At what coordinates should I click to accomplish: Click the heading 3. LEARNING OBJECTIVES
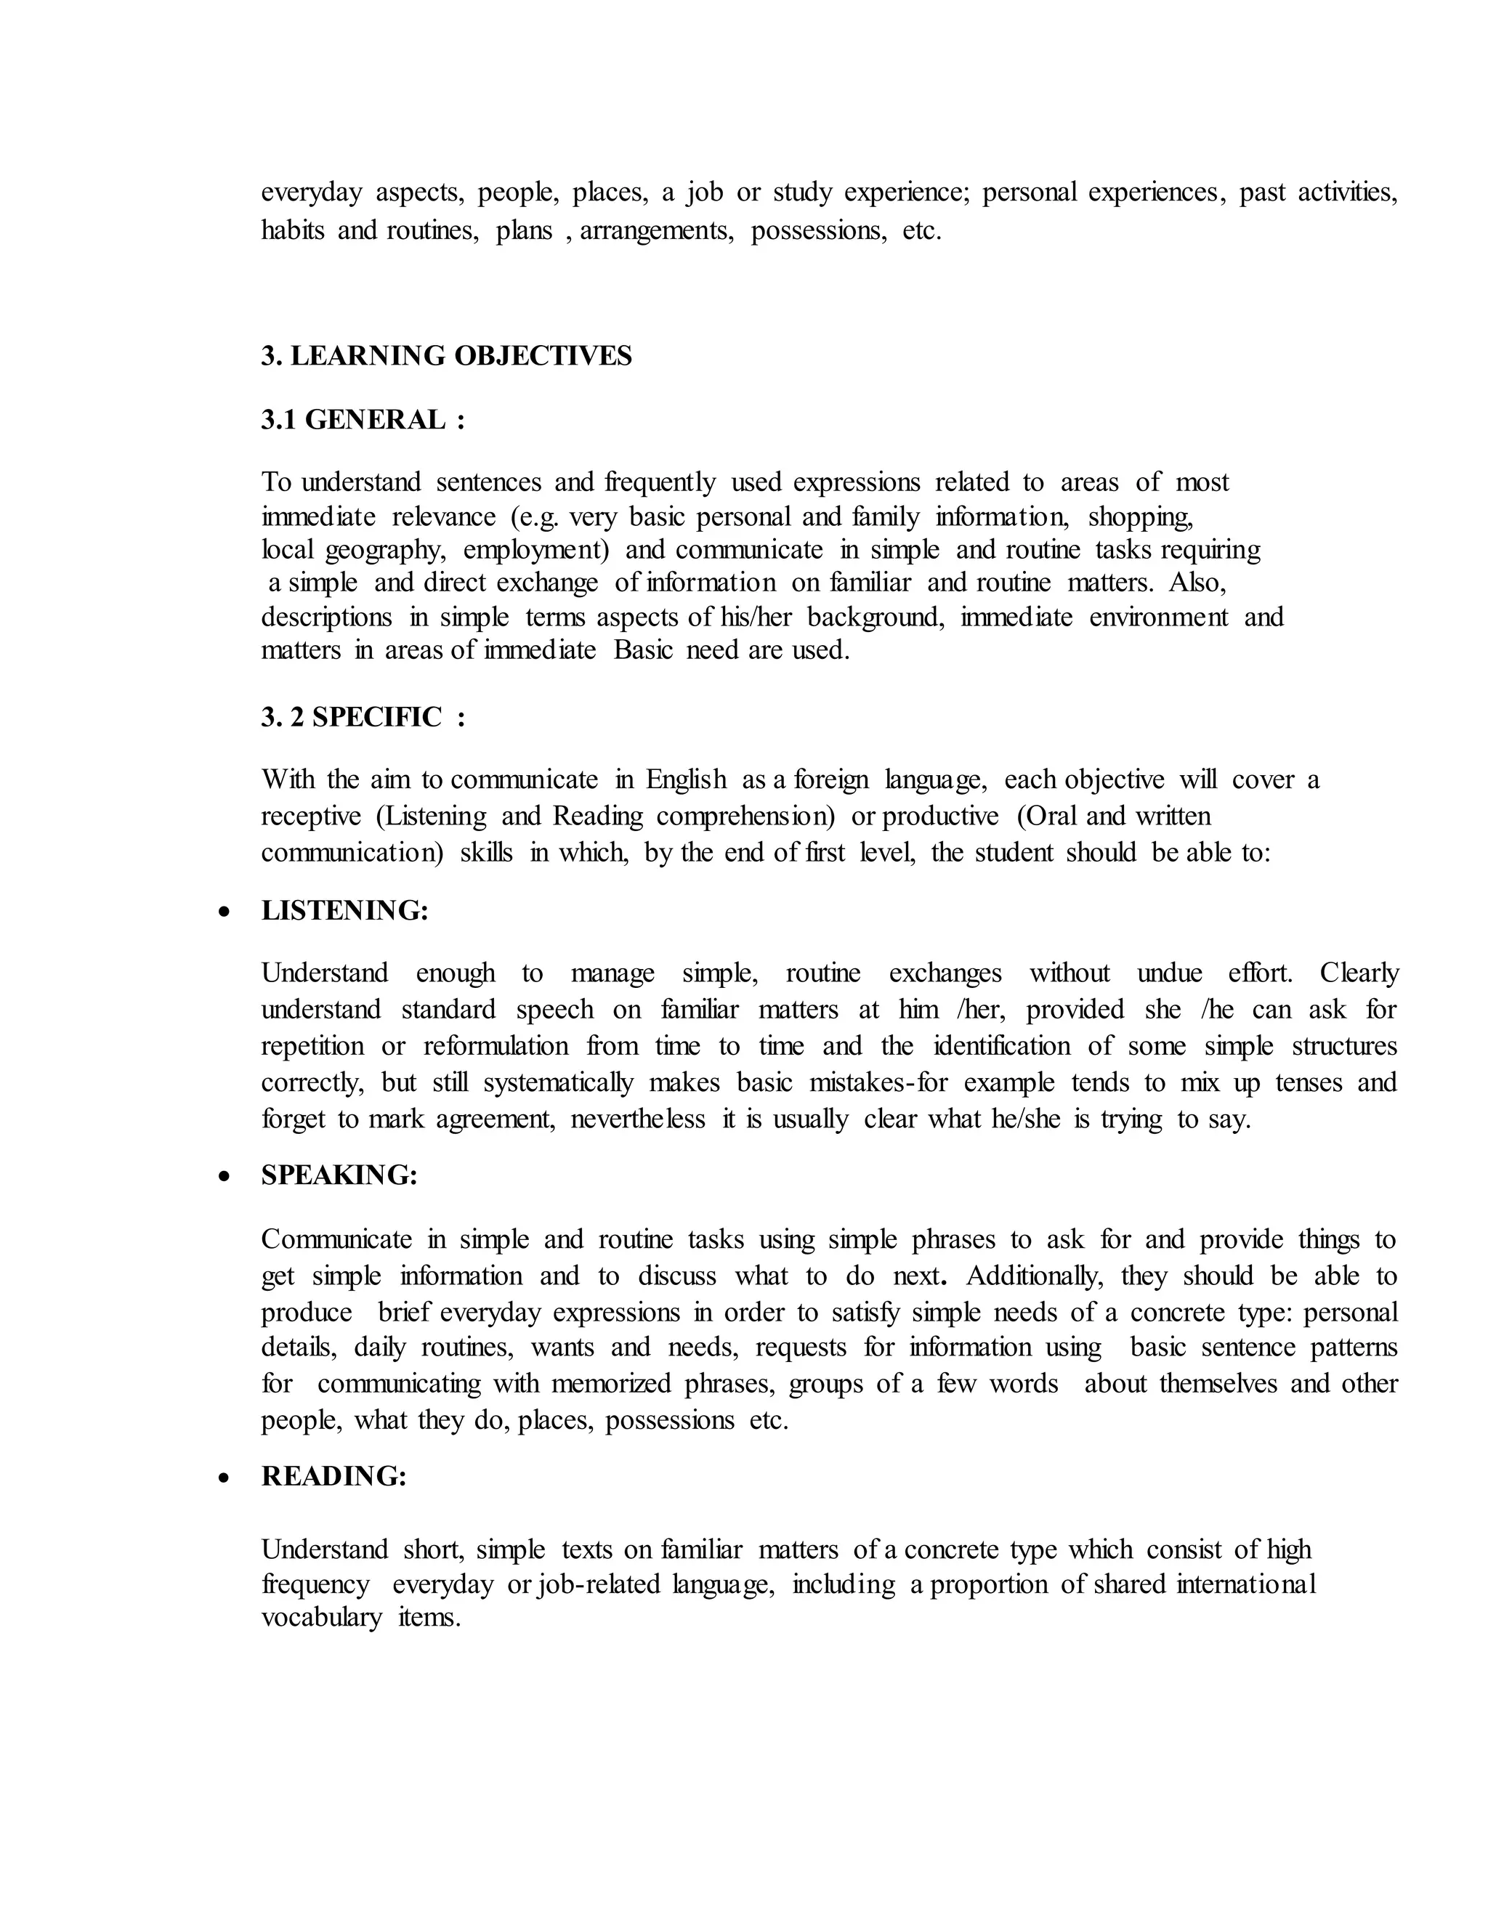click(446, 356)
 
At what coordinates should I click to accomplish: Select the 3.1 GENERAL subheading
click(363, 421)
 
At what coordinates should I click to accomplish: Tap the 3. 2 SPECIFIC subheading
click(363, 718)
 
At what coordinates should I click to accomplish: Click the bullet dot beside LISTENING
click(226, 912)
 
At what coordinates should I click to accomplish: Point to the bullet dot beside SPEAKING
click(226, 1177)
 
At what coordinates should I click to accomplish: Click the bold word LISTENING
click(344, 910)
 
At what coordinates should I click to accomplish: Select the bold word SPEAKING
click(339, 1175)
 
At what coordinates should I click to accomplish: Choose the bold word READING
click(334, 1476)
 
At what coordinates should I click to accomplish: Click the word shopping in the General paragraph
click(1141, 516)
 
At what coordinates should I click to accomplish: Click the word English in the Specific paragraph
click(686, 780)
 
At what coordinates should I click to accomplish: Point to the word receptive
click(311, 816)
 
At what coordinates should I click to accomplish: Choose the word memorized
click(611, 1384)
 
